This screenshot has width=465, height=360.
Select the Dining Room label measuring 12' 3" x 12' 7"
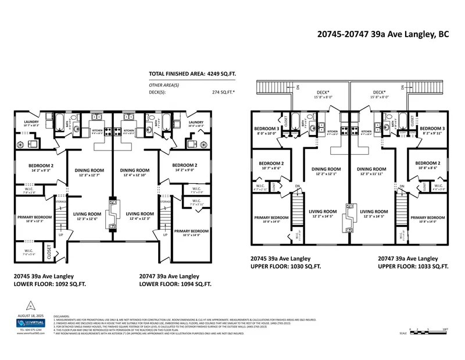[x=88, y=173]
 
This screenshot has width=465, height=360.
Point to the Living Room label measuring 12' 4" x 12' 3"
[x=140, y=216]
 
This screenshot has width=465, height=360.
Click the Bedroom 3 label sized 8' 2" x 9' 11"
[x=432, y=130]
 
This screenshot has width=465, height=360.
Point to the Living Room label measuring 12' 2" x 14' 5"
[x=323, y=213]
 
